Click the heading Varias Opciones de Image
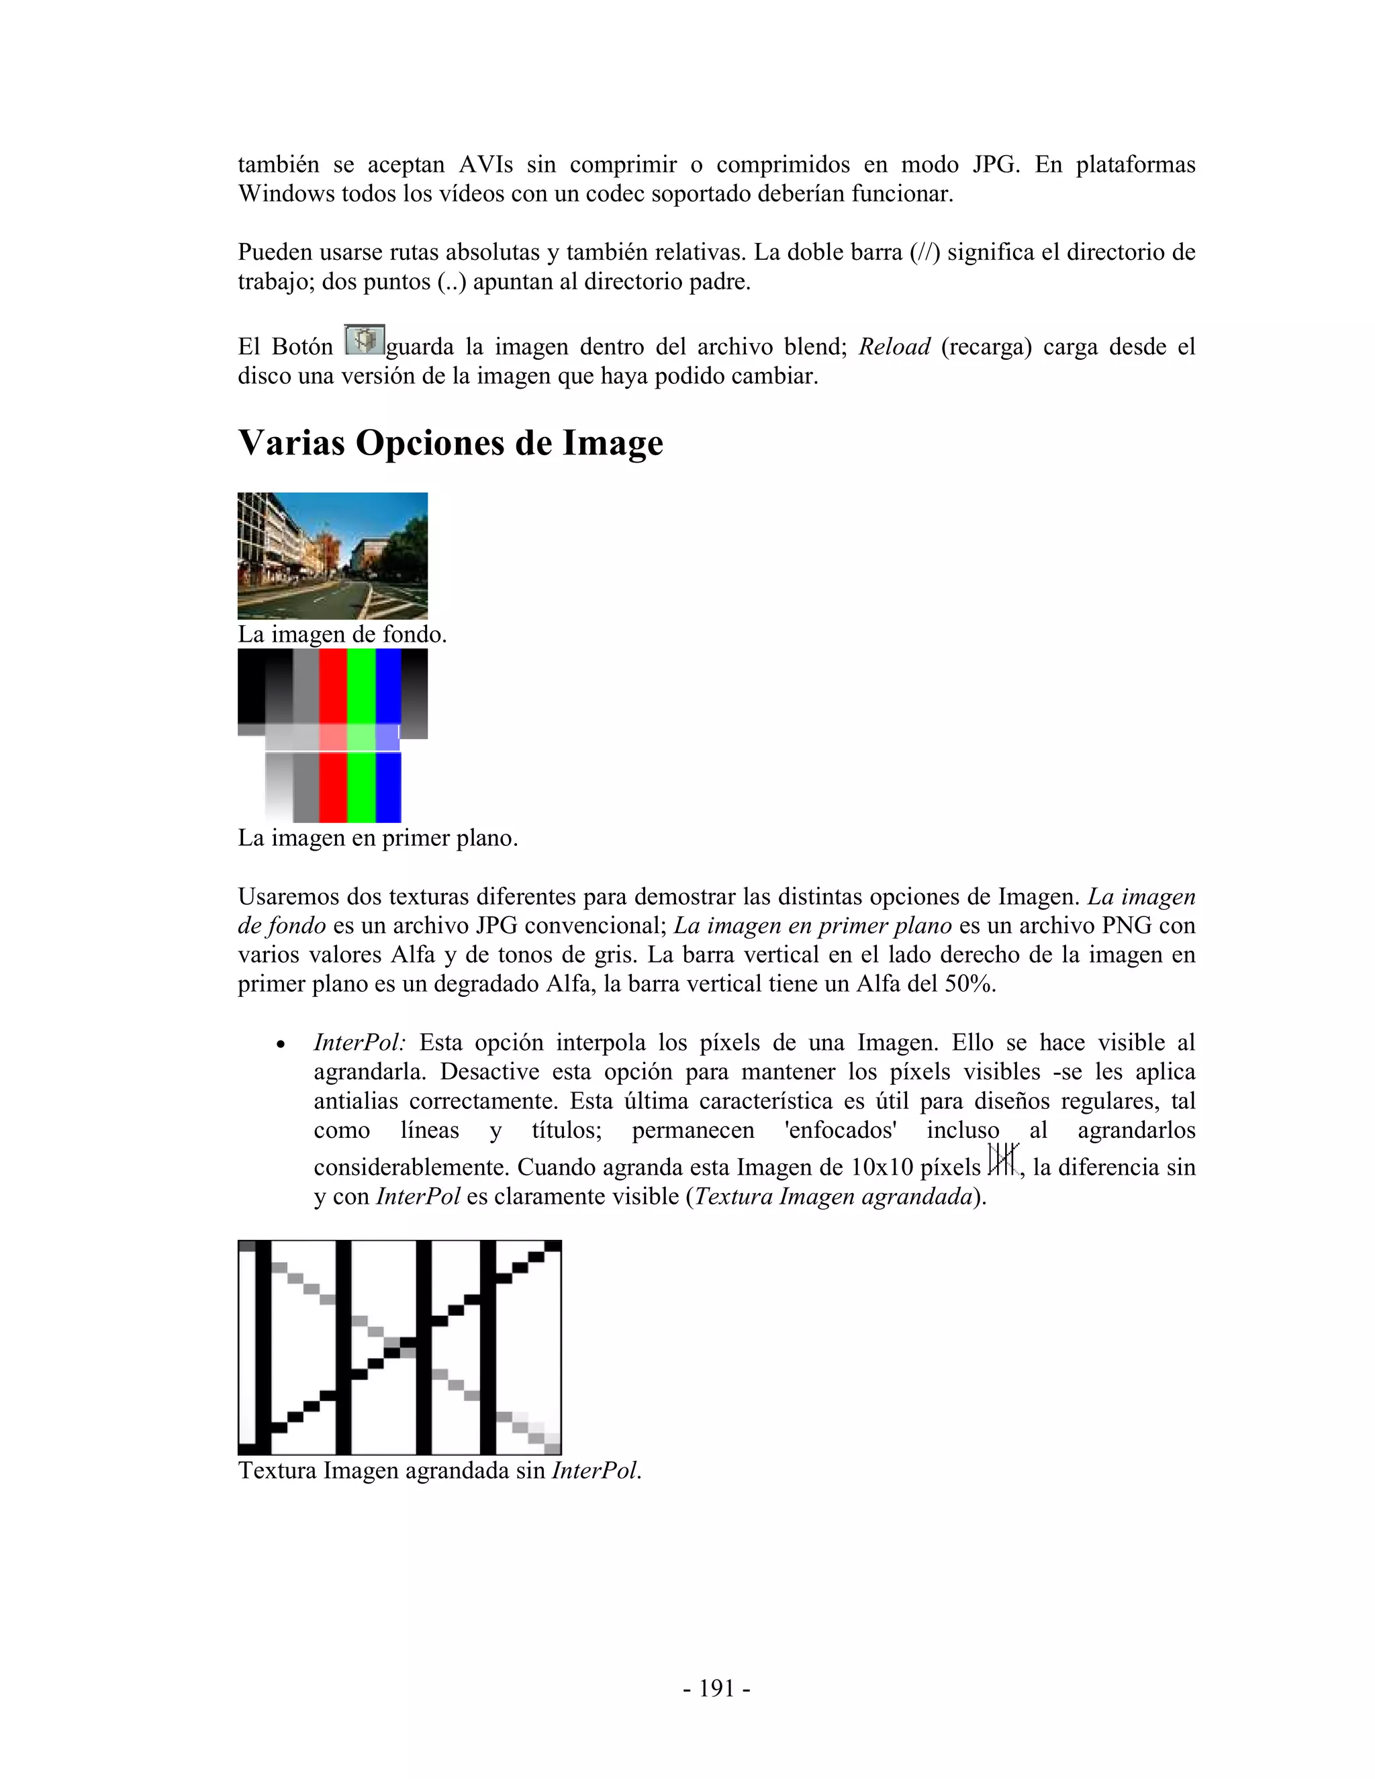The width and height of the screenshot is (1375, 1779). pyautogui.click(x=451, y=443)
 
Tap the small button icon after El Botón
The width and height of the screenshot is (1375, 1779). pyautogui.click(x=364, y=340)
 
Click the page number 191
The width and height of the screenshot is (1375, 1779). pyautogui.click(x=716, y=1688)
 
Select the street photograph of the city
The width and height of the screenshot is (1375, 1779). pyautogui.click(x=332, y=556)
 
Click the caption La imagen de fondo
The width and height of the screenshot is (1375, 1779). pyautogui.click(x=342, y=634)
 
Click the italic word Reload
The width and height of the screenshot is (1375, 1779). pyautogui.click(x=894, y=347)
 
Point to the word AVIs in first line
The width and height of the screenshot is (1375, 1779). pyautogui.click(x=485, y=164)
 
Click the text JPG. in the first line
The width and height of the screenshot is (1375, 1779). pyautogui.click(x=996, y=164)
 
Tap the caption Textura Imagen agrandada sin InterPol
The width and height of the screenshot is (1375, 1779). pyautogui.click(x=440, y=1471)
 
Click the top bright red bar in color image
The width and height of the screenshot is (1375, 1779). pyautogui.click(x=332, y=684)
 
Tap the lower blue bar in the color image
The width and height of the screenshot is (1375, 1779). pyautogui.click(x=388, y=787)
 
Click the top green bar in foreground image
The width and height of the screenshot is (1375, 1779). pyautogui.click(x=361, y=684)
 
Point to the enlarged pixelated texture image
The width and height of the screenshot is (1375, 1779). pyautogui.click(x=399, y=1347)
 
